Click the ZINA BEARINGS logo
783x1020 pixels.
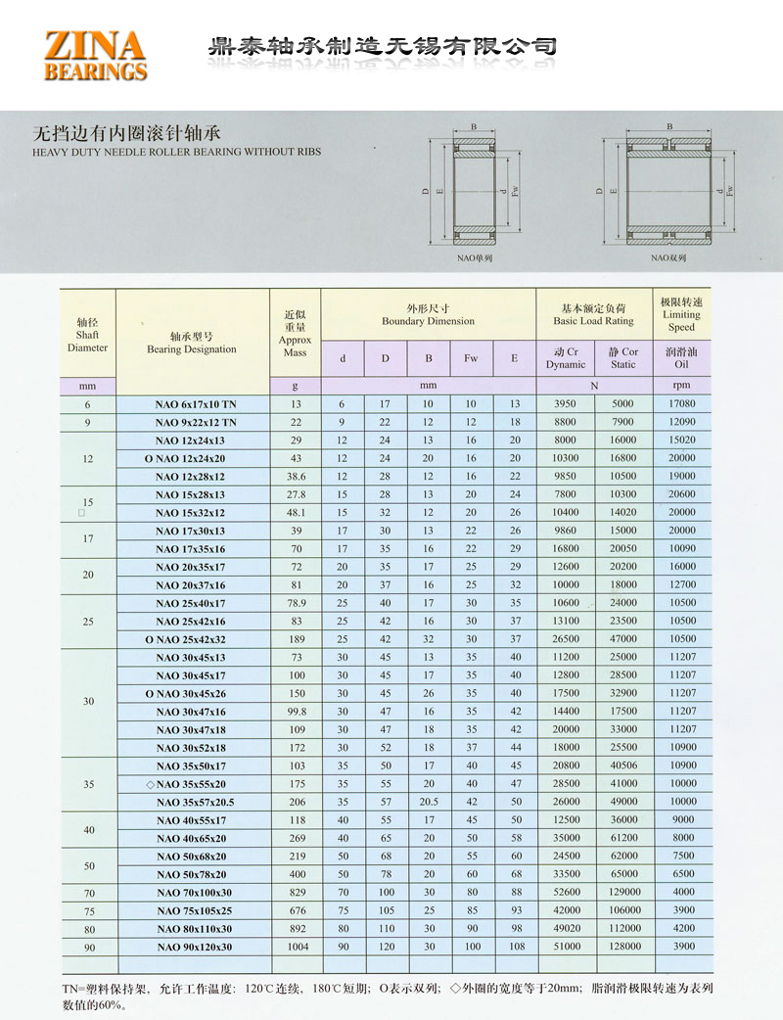coord(95,55)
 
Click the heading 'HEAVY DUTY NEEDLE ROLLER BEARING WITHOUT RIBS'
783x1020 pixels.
coord(176,152)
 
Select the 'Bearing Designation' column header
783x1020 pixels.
coord(192,342)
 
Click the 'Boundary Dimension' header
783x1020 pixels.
coord(428,314)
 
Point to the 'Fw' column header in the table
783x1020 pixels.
coord(471,358)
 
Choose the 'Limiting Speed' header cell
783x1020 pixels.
coord(681,314)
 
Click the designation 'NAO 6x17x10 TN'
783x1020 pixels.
coord(196,404)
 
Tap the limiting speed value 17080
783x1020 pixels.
coord(681,404)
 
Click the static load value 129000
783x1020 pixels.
coord(622,892)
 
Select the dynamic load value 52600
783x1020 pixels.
coord(566,892)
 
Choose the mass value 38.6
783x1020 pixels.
coord(295,476)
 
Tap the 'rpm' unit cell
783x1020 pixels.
coord(681,386)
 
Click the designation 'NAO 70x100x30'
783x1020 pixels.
coord(194,892)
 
